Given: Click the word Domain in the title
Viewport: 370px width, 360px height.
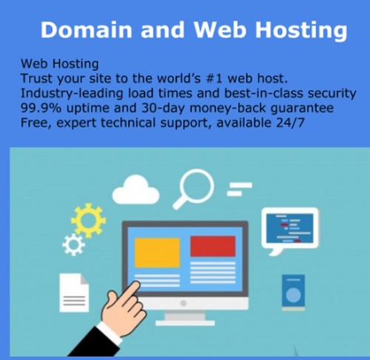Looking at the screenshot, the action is coord(87,30).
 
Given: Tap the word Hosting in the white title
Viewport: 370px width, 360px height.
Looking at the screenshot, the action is coord(301,31).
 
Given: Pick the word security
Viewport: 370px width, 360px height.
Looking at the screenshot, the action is coord(332,94).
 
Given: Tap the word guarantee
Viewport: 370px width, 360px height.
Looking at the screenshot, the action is coord(302,109).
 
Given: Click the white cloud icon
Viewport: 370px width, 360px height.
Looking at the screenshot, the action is coord(136,190).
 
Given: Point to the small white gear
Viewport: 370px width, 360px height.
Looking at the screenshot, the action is coord(73,244).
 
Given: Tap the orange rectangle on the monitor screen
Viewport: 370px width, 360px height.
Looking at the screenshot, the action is coord(157,253).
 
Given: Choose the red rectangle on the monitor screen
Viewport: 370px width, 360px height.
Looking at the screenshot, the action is coord(213,246).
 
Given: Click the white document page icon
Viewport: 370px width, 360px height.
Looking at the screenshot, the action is coord(74,293).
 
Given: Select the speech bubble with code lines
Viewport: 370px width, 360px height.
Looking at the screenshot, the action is coord(290,230).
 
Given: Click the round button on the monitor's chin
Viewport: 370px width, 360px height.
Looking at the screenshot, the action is coord(184,303).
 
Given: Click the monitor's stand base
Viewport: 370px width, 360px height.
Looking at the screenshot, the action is coord(185,323).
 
